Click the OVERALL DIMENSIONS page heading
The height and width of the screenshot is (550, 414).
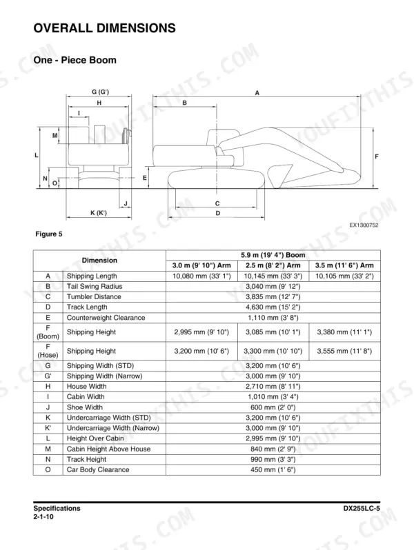click(104, 28)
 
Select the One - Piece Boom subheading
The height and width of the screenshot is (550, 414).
click(75, 60)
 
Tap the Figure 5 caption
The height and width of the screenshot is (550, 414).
click(49, 234)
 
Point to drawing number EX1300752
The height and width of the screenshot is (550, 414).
click(364, 225)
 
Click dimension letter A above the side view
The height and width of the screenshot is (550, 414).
click(257, 93)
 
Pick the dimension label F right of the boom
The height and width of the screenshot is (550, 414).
click(377, 156)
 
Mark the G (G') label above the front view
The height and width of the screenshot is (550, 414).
click(101, 92)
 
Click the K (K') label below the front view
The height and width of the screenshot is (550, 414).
click(99, 212)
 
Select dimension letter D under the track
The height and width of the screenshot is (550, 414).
click(218, 213)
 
